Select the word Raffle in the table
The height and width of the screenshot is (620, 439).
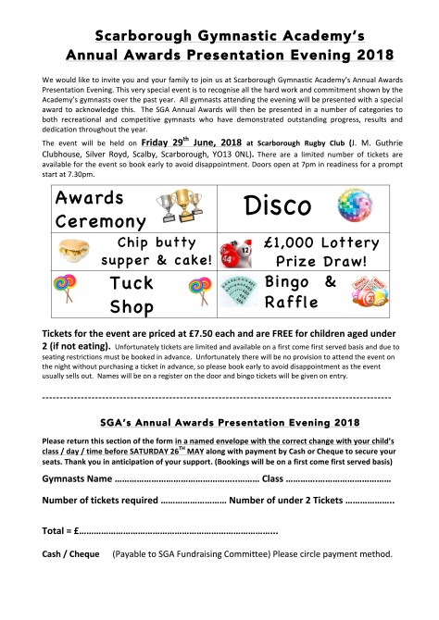(x=292, y=303)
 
